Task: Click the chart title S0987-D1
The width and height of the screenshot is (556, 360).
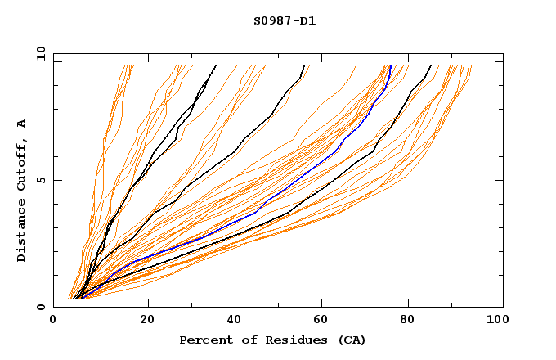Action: pos(285,20)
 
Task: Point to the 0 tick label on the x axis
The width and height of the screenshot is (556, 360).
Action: pos(53,322)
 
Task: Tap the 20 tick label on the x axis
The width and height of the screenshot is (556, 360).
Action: pos(147,322)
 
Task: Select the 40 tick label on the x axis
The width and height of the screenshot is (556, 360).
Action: pos(235,322)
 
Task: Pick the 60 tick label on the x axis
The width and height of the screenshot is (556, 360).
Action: pos(324,322)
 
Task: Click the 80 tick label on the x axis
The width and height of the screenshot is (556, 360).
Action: pos(412,322)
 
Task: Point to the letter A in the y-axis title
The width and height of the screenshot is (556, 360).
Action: pos(21,123)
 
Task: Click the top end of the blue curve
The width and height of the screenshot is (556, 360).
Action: pos(390,66)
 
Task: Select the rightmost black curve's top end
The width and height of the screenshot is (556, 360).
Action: pos(431,66)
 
